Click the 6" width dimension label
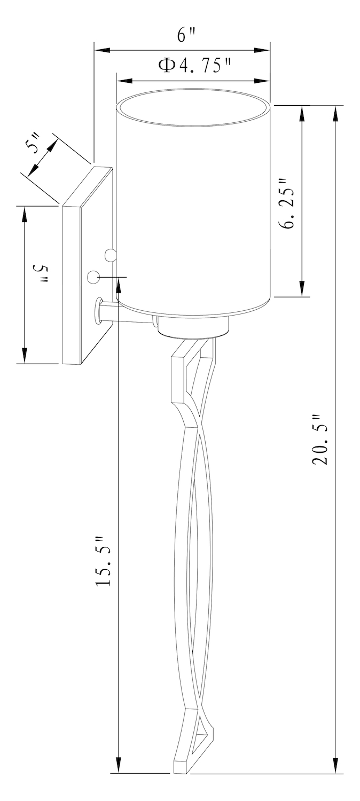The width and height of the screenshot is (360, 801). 186,35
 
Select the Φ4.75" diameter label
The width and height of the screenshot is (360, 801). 194,66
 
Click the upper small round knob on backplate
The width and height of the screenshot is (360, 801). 110,255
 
